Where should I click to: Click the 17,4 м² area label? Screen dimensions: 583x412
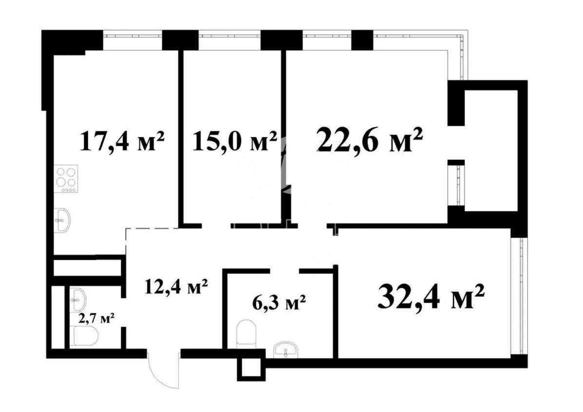(x=122, y=141)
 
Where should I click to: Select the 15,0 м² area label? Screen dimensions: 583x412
(x=235, y=141)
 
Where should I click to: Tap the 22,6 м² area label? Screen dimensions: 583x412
(x=370, y=139)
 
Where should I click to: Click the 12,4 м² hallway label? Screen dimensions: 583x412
(x=176, y=287)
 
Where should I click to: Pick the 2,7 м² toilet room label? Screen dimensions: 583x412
(x=96, y=318)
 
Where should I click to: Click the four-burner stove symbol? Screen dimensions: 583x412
(x=66, y=178)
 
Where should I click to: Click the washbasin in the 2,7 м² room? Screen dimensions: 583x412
(x=78, y=299)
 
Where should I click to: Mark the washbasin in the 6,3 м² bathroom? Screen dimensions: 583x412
(x=285, y=350)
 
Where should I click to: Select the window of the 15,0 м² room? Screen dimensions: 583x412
(x=229, y=37)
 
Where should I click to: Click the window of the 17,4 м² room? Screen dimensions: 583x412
(x=132, y=37)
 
